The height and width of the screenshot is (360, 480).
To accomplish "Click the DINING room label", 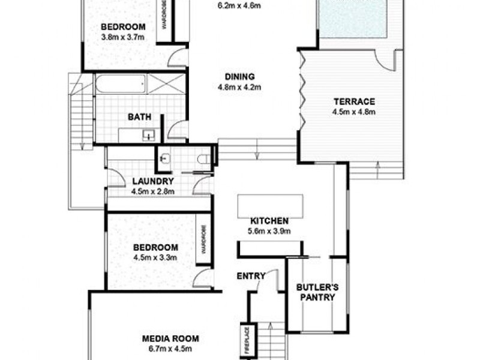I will tap(240, 77).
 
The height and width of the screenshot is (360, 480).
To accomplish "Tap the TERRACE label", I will tap(354, 101).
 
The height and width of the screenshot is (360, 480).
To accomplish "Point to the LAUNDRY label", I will tap(152, 181).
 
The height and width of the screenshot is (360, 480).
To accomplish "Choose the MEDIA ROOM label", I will tap(170, 338).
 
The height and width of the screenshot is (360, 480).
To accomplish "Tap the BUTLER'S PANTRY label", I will tap(317, 292).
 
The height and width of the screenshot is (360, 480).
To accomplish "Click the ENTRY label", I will tap(251, 276).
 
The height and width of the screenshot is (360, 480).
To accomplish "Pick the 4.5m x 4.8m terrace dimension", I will tap(353, 112).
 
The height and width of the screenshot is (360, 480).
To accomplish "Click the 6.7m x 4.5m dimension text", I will tap(170, 348).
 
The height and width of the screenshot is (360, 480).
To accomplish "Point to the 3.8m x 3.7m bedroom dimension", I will tap(123, 37).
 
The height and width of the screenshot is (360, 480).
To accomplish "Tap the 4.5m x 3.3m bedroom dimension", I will tap(155, 257).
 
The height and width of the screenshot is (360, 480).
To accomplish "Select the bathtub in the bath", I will tap(120, 83).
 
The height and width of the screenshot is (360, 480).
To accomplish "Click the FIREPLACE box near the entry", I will tap(246, 340).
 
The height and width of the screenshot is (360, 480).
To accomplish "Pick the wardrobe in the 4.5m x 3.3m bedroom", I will tap(204, 239).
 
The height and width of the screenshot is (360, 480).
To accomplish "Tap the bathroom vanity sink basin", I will tap(148, 136).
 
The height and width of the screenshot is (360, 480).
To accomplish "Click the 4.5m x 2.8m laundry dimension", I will tap(152, 191).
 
